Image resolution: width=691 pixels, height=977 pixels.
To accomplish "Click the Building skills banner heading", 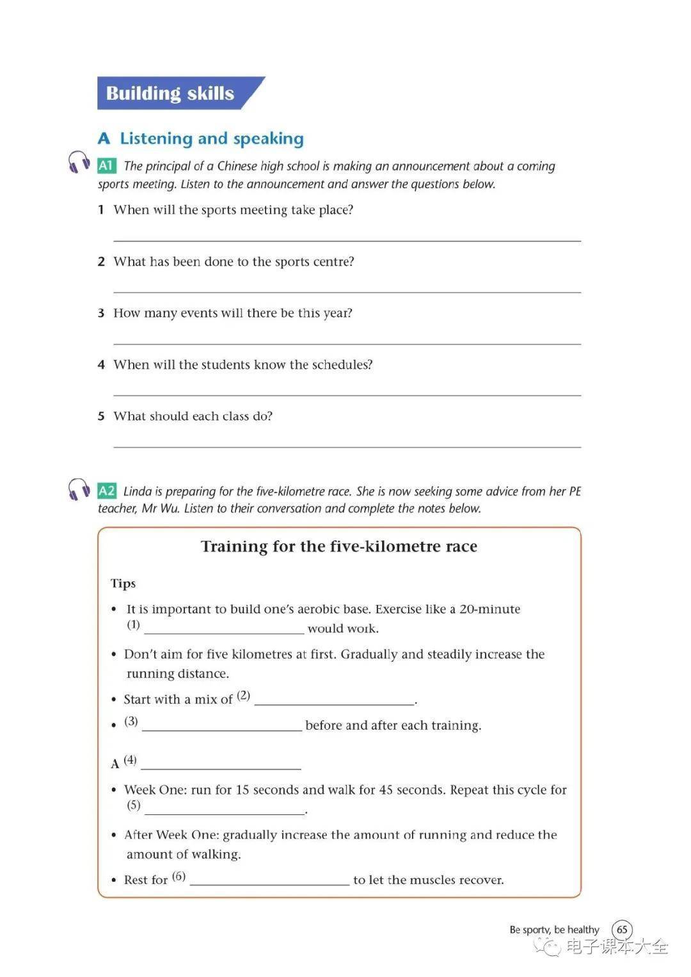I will [170, 93].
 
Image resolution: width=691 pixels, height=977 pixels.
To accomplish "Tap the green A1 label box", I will [106, 166].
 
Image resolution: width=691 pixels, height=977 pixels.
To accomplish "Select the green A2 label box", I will [106, 491].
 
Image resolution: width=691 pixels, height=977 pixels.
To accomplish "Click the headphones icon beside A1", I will [79, 162].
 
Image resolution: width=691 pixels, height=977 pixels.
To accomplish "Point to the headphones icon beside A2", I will [79, 488].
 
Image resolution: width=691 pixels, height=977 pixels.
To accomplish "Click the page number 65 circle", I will [622, 930].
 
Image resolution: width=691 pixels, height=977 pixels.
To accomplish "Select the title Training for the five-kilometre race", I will [339, 547].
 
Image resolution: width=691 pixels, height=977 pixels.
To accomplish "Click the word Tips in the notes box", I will [123, 583].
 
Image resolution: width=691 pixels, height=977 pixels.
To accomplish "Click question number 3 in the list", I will [101, 313].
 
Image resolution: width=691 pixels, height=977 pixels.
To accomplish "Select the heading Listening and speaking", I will [212, 139].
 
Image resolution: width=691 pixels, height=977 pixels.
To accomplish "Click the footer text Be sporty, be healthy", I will [554, 930].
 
